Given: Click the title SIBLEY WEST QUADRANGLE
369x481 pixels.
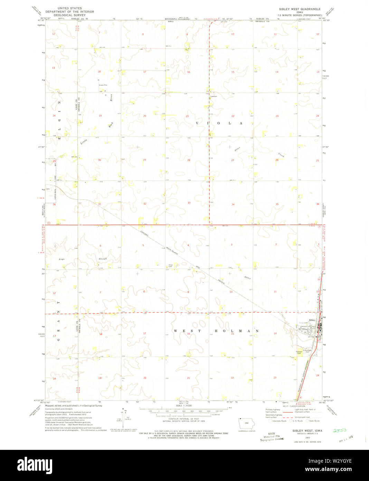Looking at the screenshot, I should pos(300,9).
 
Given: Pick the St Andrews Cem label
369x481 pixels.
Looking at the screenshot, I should pos(307,351).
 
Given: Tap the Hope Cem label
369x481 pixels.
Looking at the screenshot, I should pos(170,266).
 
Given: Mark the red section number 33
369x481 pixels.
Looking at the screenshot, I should pos(189,203).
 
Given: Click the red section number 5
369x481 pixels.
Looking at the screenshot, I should pos(143,245).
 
